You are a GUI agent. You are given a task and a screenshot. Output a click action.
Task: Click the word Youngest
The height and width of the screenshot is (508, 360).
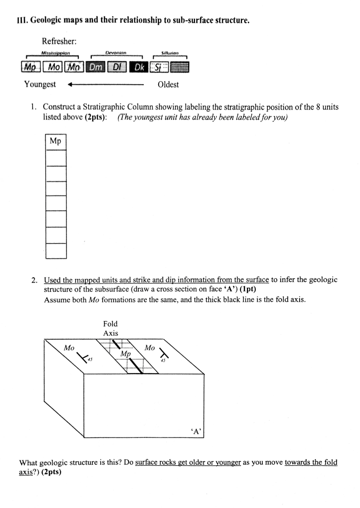pyautogui.click(x=40, y=84)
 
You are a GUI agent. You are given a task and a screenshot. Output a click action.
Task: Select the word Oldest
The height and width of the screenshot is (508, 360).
pyautogui.click(x=168, y=84)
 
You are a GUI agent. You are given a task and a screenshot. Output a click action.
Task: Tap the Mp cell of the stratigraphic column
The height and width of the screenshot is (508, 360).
pyautogui.click(x=56, y=142)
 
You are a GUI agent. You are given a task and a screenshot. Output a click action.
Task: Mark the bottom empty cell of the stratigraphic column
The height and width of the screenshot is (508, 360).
pyautogui.click(x=56, y=251)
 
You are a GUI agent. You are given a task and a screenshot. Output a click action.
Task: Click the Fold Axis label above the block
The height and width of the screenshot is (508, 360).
pyautogui.click(x=111, y=328)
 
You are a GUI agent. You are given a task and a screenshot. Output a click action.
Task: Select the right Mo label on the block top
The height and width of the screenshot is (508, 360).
pyautogui.click(x=150, y=348)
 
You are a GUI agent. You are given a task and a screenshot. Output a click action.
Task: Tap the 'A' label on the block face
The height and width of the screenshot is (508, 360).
pyautogui.click(x=196, y=432)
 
